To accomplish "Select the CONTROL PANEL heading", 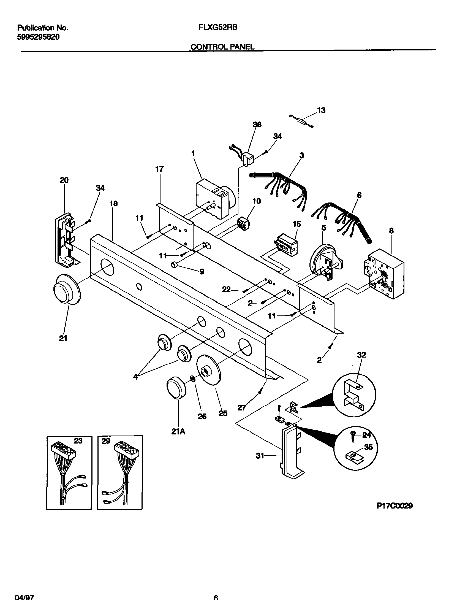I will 222,47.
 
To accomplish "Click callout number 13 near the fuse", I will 321,110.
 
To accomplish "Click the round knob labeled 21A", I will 176,388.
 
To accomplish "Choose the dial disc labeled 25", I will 208,373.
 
